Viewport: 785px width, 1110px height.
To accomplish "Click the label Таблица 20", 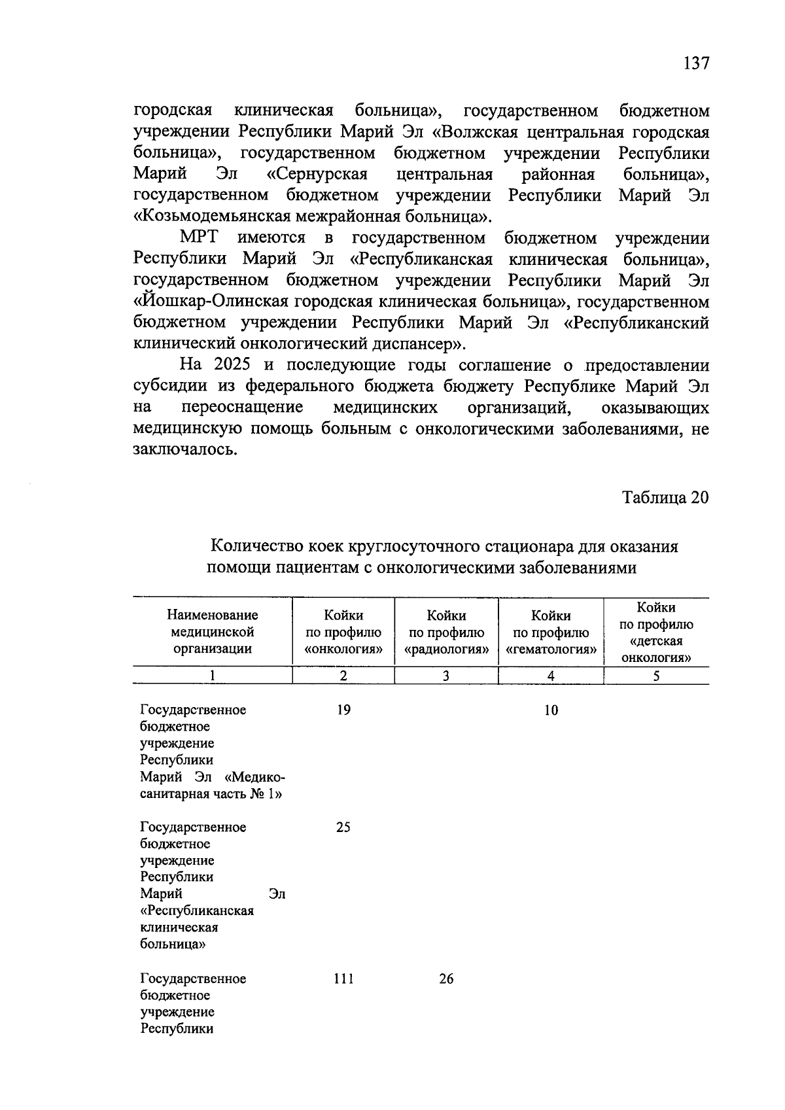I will pyautogui.click(x=665, y=497).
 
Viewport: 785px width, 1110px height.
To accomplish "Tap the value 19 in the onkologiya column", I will pyautogui.click(x=343, y=710).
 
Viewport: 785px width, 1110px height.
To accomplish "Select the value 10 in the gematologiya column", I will pyautogui.click(x=551, y=710).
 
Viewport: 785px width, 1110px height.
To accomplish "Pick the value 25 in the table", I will pyautogui.click(x=343, y=827).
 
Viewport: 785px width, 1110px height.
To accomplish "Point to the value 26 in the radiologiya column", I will pyautogui.click(x=446, y=979).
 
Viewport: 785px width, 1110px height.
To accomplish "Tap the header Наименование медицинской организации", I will pyautogui.click(x=213, y=632).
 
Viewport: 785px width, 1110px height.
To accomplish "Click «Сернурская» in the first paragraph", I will pyautogui.click(x=317, y=175).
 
